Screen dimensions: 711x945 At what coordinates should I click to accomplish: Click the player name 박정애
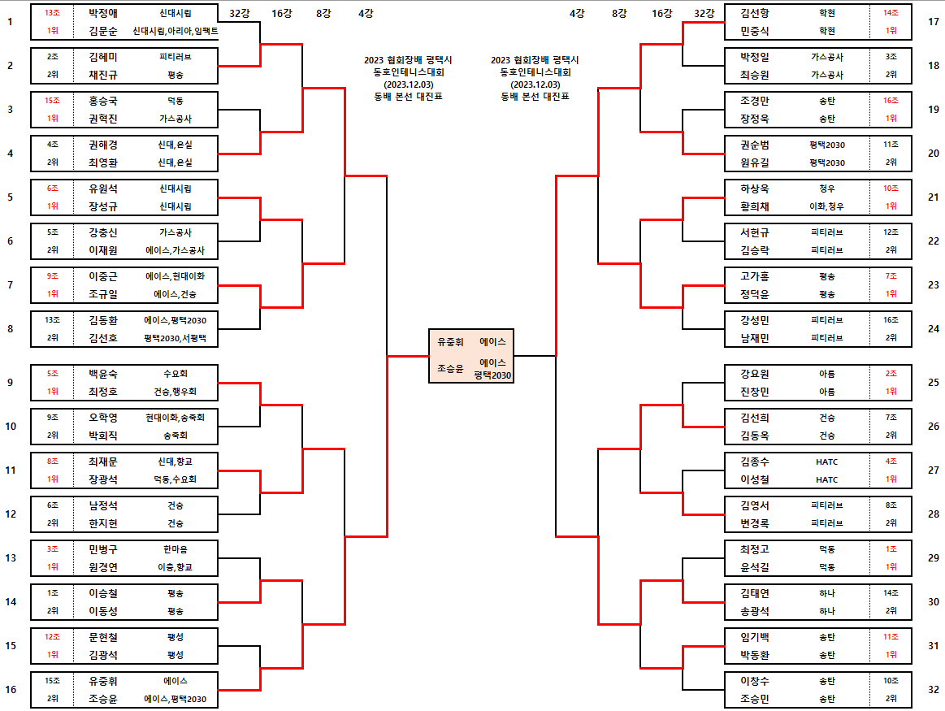(x=103, y=13)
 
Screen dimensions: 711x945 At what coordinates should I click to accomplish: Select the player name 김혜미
(x=103, y=57)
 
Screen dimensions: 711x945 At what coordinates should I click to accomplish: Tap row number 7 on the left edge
(x=10, y=285)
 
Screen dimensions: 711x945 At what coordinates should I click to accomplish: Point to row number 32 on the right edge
(x=933, y=689)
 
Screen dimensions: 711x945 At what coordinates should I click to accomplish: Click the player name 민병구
(x=103, y=549)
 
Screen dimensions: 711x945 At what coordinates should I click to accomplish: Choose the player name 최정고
(x=755, y=549)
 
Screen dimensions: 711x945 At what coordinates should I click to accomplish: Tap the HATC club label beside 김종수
(x=826, y=462)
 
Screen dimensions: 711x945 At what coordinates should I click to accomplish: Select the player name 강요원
(x=755, y=374)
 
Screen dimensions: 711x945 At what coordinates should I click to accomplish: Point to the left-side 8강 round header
(x=323, y=13)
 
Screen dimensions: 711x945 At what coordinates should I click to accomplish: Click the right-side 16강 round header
(x=663, y=13)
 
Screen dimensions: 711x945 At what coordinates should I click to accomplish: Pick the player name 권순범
(x=755, y=145)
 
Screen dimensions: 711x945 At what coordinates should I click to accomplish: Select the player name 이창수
(x=755, y=681)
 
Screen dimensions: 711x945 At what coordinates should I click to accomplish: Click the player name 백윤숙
(x=103, y=374)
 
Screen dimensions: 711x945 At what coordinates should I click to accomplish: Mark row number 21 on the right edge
(x=933, y=197)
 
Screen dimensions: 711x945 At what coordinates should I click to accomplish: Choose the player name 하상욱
(x=755, y=189)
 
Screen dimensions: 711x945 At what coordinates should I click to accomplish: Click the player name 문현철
(x=103, y=637)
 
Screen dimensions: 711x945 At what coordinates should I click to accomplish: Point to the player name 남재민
(x=755, y=338)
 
